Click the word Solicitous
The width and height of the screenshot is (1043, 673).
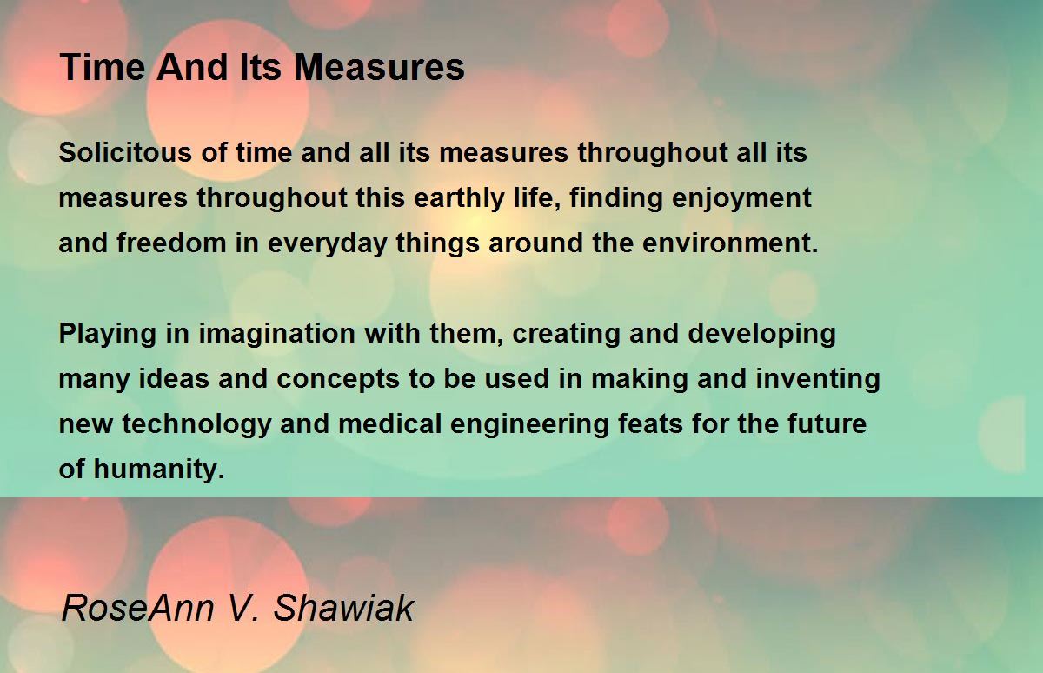(125, 152)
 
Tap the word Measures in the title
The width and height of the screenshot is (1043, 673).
(379, 68)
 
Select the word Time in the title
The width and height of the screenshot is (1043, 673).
(103, 68)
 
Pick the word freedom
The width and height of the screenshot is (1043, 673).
(171, 243)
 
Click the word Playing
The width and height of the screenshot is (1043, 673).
(107, 335)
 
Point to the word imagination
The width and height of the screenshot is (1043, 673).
(277, 335)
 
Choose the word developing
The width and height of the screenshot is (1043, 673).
(761, 335)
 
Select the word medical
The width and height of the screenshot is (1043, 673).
(389, 423)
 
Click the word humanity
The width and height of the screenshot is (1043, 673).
(159, 470)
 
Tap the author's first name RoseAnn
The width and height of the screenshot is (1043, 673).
(137, 608)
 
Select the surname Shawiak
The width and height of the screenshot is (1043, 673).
(343, 608)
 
